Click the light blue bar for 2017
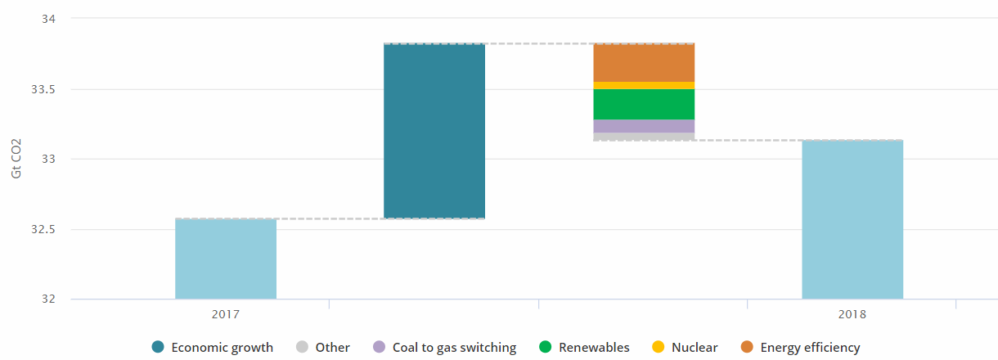[226, 259]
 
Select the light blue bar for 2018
[852, 219]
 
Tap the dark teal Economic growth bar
[434, 131]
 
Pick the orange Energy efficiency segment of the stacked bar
[644, 62]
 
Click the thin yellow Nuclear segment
[644, 85]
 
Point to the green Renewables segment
[644, 104]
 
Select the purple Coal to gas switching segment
[644, 126]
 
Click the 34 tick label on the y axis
[38, 19]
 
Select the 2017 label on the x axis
[226, 314]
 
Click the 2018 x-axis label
[852, 314]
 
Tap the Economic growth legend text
[222, 348]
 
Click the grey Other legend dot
[303, 348]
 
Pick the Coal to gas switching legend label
[454, 348]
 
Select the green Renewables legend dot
[546, 348]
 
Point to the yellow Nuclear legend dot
[659, 348]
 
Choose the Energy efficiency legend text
[810, 348]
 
